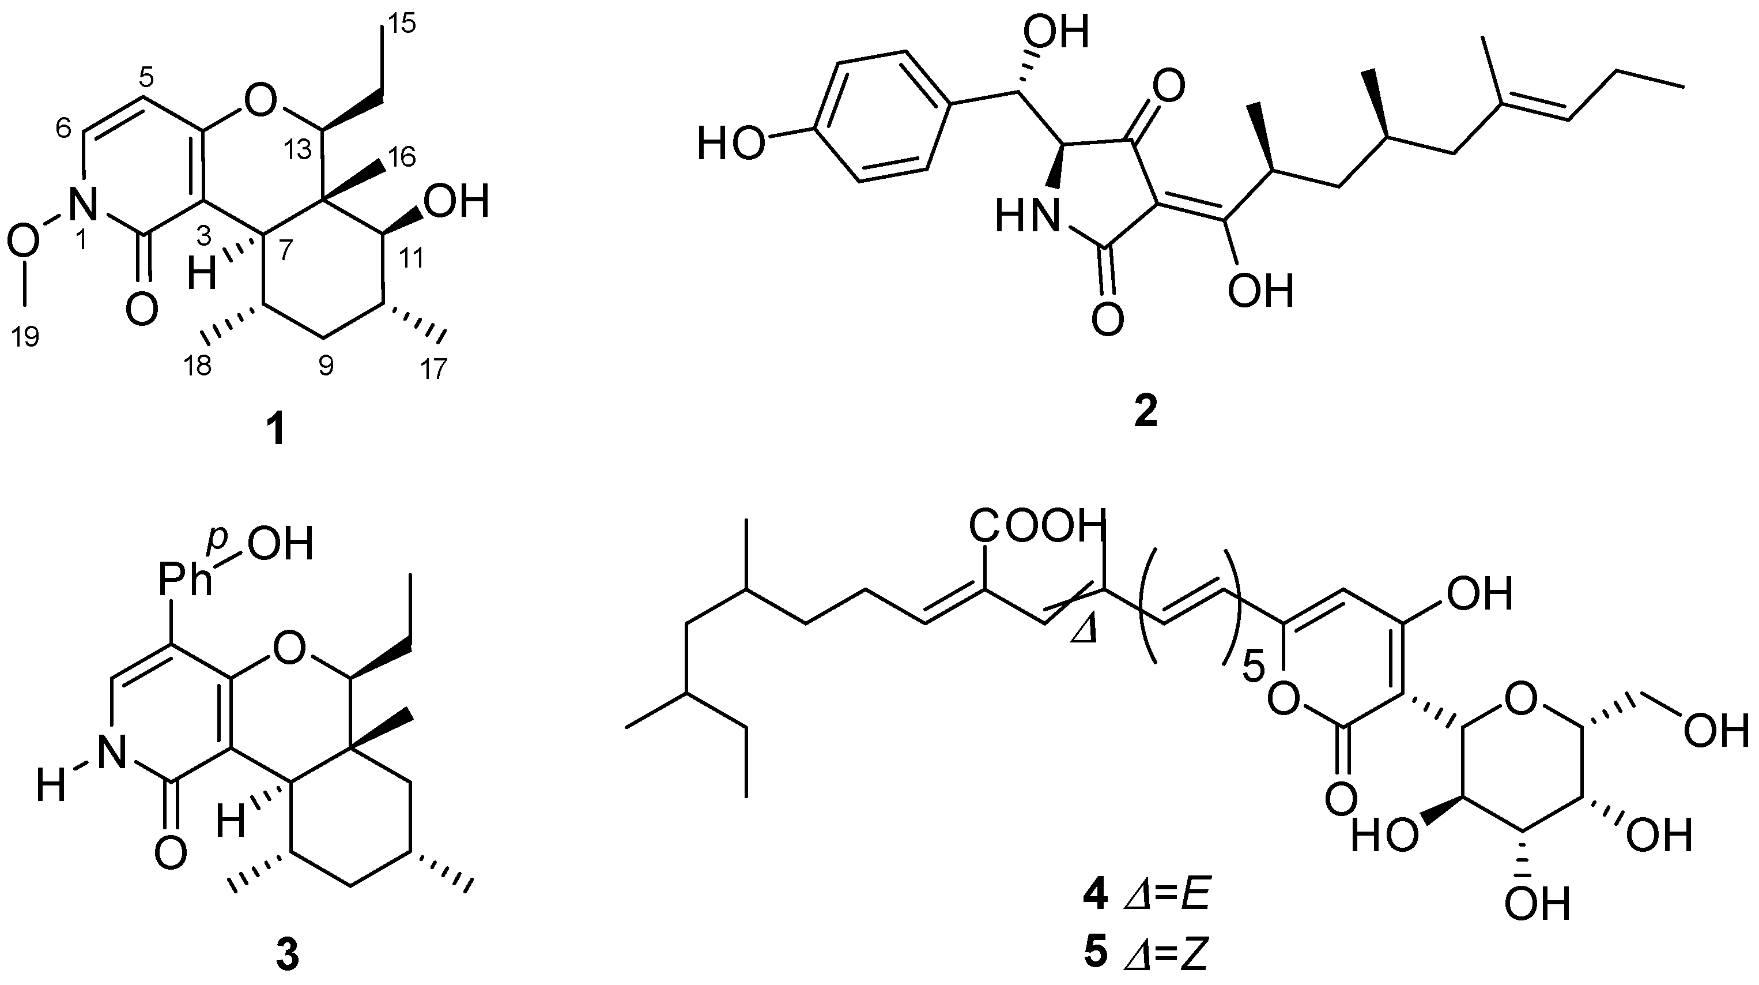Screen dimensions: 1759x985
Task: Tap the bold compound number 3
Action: [287, 955]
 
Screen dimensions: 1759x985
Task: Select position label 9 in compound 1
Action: [326, 367]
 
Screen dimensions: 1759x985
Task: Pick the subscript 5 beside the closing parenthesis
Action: [1254, 668]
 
